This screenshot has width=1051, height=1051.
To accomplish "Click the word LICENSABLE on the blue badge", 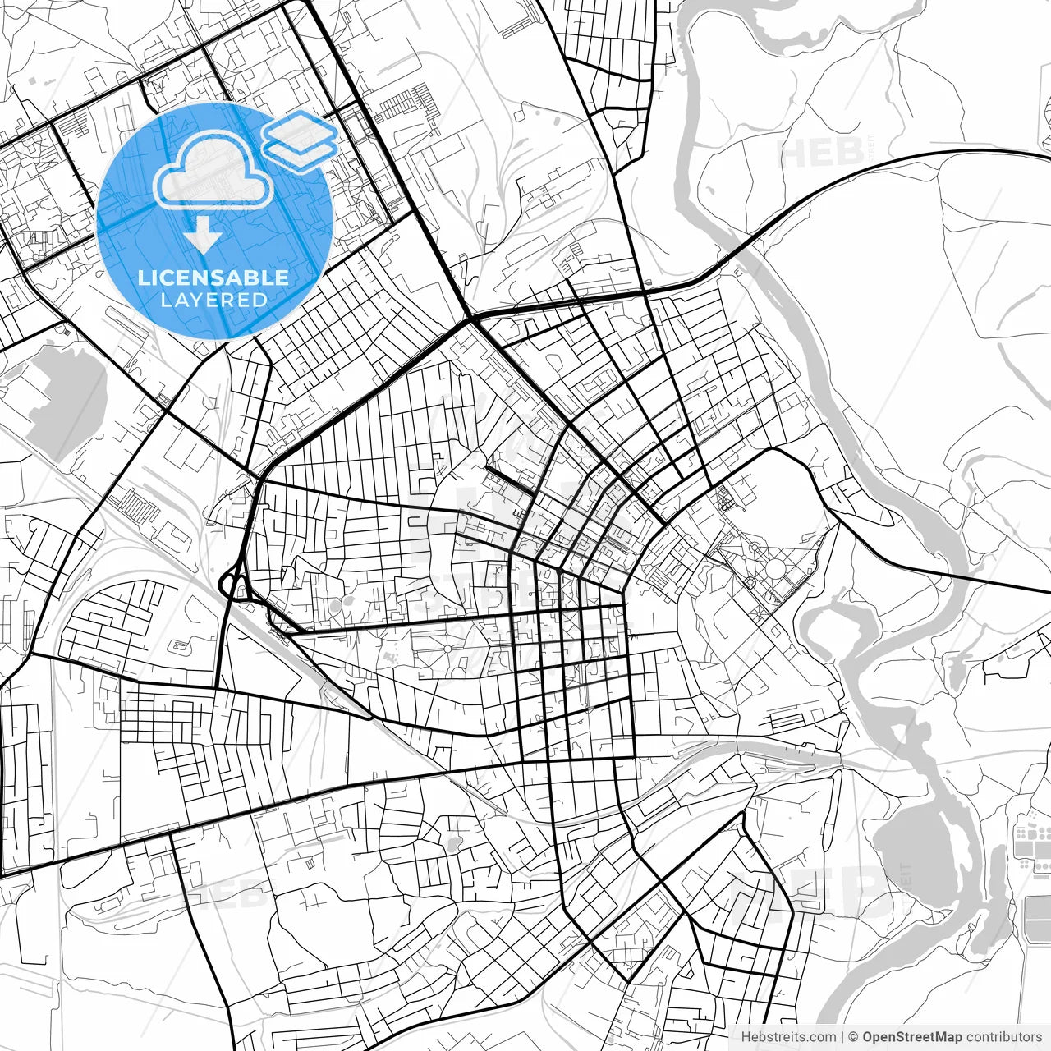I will (x=213, y=278).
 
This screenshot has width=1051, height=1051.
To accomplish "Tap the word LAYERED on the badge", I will (x=213, y=301).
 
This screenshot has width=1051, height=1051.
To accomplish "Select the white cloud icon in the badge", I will (x=213, y=170).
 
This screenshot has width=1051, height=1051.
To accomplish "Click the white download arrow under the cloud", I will (x=203, y=236).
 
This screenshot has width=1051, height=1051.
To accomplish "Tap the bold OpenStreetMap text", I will (x=911, y=1037).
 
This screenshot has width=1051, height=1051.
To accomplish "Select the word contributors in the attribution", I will (x=1003, y=1037).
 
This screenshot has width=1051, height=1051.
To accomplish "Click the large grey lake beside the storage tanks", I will (x=911, y=854).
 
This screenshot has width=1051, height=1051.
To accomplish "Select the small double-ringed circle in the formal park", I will (x=750, y=582).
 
